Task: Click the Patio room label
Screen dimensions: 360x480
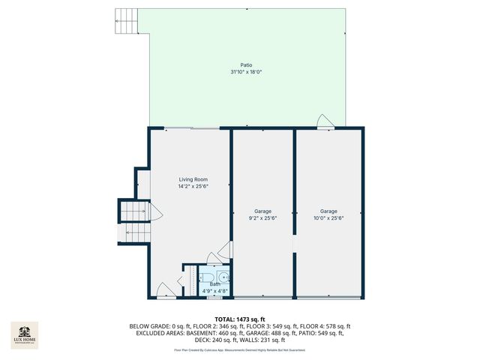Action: tap(246, 65)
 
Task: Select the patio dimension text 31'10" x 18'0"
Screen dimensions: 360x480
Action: tap(246, 72)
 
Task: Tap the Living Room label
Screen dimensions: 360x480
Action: tap(193, 179)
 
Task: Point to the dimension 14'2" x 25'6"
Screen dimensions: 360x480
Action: tap(193, 186)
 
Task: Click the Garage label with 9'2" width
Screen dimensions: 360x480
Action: tap(262, 211)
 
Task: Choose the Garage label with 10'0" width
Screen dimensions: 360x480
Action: tap(328, 211)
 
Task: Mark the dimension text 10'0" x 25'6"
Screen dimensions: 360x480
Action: tap(328, 218)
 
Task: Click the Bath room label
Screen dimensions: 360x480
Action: tap(214, 283)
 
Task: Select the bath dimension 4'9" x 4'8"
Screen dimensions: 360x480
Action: tap(214, 289)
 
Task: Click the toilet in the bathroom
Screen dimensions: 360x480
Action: tap(223, 275)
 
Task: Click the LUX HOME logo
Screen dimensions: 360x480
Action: tap(24, 335)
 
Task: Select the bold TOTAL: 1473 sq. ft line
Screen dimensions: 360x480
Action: tap(239, 319)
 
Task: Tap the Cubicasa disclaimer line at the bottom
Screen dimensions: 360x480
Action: tap(239, 349)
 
